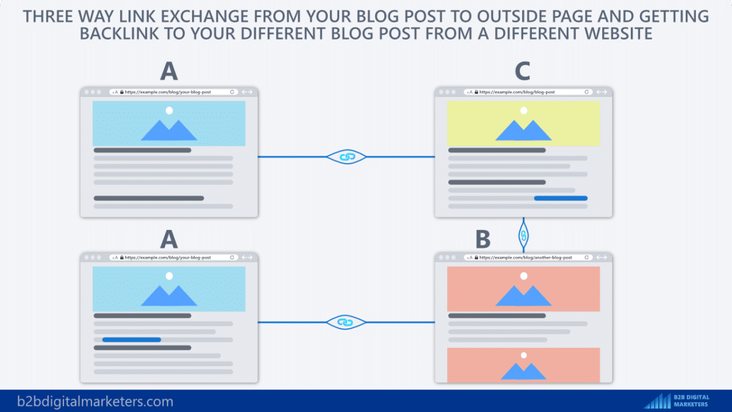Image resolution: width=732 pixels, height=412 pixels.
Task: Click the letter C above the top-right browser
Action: [522, 71]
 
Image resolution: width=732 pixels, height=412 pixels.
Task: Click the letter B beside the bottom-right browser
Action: [483, 239]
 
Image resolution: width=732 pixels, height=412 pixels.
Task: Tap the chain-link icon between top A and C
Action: [346, 157]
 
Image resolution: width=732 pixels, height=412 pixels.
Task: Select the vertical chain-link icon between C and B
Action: [523, 234]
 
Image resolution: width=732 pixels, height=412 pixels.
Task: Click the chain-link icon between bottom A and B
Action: [346, 322]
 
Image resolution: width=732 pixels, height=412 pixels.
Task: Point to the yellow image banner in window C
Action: [523, 124]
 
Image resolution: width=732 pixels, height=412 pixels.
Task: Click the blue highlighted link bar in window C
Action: [560, 198]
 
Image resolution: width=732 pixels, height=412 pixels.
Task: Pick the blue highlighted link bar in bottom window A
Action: [131, 339]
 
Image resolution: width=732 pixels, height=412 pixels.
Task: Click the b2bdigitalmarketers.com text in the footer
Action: [95, 402]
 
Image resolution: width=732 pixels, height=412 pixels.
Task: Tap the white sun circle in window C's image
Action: [523, 110]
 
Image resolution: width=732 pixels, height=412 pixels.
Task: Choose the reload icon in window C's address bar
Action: [587, 92]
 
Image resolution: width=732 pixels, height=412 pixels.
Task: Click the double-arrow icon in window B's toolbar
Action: [601, 258]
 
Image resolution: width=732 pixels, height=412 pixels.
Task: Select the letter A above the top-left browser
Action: [168, 71]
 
